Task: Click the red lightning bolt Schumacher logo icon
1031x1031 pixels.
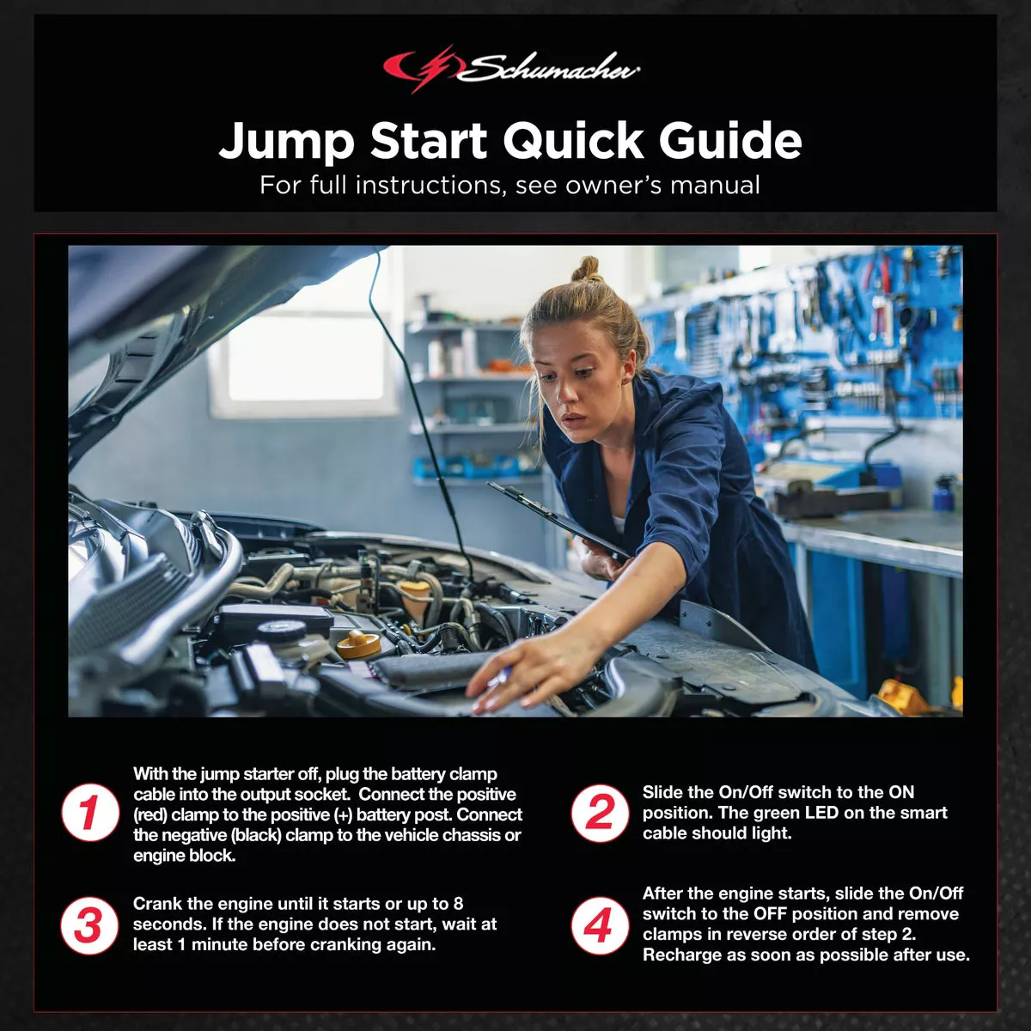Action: click(x=423, y=69)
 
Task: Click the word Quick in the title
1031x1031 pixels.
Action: click(x=573, y=140)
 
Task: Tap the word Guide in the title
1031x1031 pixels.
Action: click(x=729, y=140)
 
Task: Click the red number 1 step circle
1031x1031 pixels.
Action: click(x=90, y=812)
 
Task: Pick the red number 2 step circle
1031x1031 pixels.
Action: click(x=600, y=812)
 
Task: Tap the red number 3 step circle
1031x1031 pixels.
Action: click(x=89, y=925)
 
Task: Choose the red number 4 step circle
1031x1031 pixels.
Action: click(x=600, y=925)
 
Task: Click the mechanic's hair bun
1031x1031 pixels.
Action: click(x=587, y=269)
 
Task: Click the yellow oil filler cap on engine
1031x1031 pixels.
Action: click(x=358, y=644)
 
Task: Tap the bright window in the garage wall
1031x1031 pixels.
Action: click(x=306, y=357)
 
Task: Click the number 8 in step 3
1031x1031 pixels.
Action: click(x=458, y=904)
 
